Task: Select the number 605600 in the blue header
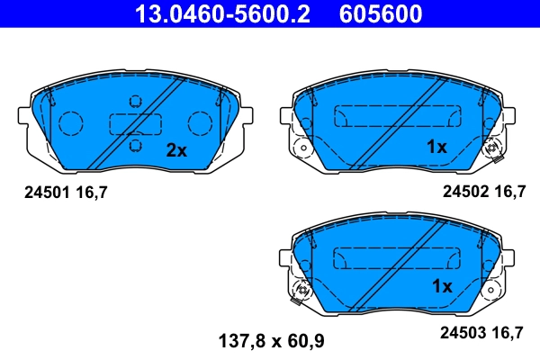click(379, 13)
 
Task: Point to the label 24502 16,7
click(482, 191)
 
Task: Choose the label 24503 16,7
click(482, 332)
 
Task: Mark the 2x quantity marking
click(175, 150)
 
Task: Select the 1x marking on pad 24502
click(436, 147)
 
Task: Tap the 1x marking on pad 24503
click(441, 286)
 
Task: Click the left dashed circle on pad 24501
click(71, 122)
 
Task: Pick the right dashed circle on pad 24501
click(198, 122)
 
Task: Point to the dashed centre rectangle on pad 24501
click(134, 123)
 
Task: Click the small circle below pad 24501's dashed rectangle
click(135, 145)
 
